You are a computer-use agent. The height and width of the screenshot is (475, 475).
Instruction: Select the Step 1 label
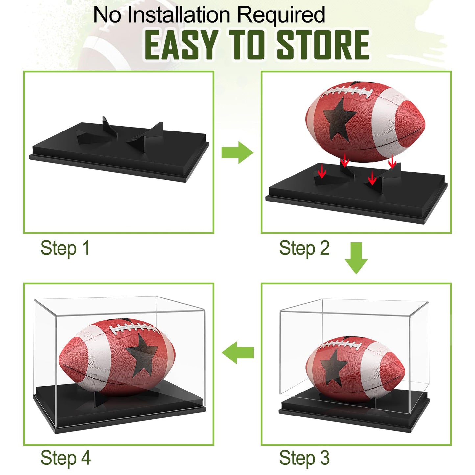pyautogui.click(x=65, y=248)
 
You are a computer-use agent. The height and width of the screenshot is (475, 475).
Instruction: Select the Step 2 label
pyautogui.click(x=304, y=248)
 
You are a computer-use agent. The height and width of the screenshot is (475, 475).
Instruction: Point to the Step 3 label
pyautogui.click(x=304, y=458)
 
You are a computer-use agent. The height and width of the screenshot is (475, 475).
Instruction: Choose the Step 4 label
pyautogui.click(x=65, y=458)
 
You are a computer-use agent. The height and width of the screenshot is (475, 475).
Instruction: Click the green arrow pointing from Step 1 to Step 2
pyautogui.click(x=237, y=153)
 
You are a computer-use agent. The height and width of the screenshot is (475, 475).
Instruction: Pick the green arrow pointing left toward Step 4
pyautogui.click(x=237, y=352)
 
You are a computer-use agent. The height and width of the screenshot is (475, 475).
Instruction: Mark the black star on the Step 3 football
pyautogui.click(x=334, y=367)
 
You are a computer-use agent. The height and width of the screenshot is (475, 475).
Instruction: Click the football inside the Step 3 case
pyautogui.click(x=355, y=368)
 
